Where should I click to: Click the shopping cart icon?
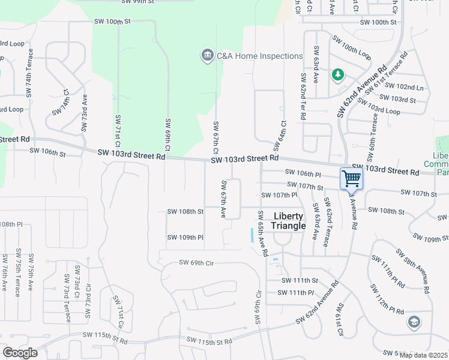coord(351,178)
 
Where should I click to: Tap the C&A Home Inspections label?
coord(259,56)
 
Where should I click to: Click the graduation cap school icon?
coord(414,322)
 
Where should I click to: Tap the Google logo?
coord(20,352)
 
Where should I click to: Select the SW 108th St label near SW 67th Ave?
coord(185,211)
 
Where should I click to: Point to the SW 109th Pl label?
coord(185,238)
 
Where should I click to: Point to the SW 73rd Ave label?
coord(85,113)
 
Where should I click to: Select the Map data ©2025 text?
coord(423,355)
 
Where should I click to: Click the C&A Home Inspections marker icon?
coord(207,56)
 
